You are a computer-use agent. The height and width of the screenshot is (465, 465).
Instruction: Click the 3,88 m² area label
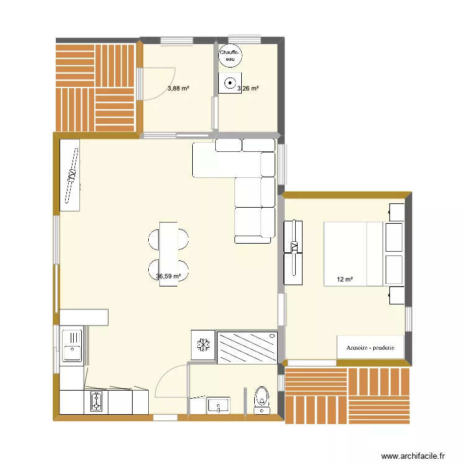(x=178, y=89)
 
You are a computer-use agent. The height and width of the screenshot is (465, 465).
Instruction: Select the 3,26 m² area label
(x=248, y=89)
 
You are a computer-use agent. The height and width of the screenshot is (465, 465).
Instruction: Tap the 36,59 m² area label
(x=169, y=277)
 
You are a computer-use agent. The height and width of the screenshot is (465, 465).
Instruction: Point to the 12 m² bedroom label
(x=344, y=280)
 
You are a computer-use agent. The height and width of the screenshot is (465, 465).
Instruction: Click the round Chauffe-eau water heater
(x=230, y=55)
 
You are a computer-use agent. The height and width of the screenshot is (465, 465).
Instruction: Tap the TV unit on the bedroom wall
(x=293, y=248)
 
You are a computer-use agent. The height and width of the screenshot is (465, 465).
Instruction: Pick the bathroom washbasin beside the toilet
(x=219, y=405)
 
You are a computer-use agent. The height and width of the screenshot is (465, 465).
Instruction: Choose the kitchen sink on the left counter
(x=72, y=346)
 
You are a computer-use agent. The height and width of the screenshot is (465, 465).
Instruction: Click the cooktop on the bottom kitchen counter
(x=96, y=402)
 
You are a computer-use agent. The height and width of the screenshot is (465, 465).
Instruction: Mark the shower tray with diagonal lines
(x=246, y=345)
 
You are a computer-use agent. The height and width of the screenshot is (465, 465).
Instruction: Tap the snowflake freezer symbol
(x=202, y=345)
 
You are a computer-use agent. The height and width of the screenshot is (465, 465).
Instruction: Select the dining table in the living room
(x=169, y=254)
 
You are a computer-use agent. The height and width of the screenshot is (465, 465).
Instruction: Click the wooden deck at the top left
(x=95, y=87)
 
